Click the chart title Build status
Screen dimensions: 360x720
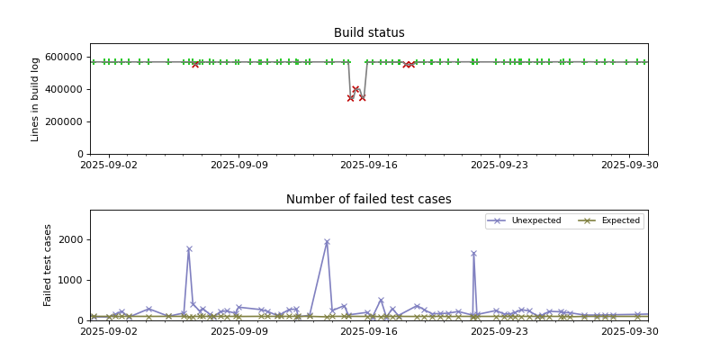pos(369,33)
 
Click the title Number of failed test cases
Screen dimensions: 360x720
pos(369,200)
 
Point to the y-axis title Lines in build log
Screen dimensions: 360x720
pos(36,99)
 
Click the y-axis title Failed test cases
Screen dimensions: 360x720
pos(49,265)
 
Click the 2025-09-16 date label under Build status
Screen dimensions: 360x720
pos(369,165)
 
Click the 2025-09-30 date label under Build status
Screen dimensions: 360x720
pos(629,165)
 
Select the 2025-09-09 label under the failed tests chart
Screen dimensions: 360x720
pos(238,331)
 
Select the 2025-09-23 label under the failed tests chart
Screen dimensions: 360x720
pos(499,331)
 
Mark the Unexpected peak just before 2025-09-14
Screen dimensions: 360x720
pos(327,242)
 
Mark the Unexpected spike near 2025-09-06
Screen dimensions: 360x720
pos(189,249)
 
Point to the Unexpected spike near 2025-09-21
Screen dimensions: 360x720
pos(473,254)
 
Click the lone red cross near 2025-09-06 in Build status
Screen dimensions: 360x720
pos(195,64)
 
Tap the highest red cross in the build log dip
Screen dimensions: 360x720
pos(355,89)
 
